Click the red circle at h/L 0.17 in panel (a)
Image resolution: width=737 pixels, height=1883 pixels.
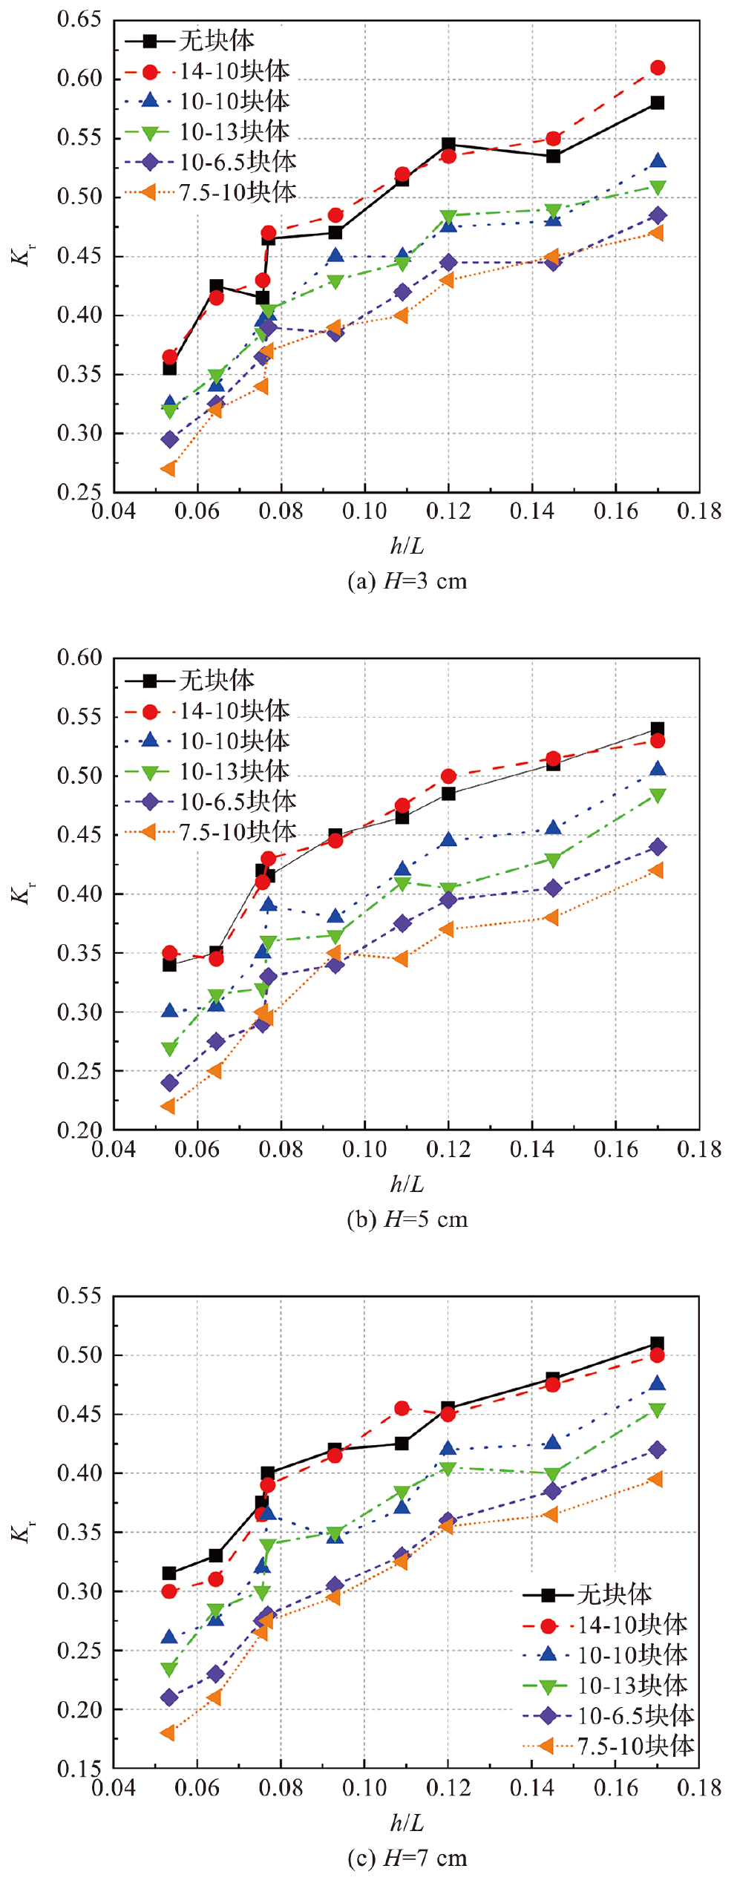point(657,68)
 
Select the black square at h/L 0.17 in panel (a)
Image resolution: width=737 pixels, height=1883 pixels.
point(657,102)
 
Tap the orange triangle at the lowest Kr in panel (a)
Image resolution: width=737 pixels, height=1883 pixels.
point(168,468)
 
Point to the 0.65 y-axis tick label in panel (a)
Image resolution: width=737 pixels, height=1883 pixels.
point(79,19)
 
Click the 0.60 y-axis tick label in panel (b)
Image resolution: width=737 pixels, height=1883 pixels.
point(79,657)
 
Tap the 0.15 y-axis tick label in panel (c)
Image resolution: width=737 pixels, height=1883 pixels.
point(79,1769)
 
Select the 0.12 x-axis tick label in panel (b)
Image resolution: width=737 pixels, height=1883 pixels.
point(448,1150)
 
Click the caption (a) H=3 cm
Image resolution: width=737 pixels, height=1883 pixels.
point(407,580)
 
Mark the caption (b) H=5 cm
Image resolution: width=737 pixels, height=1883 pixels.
point(407,1219)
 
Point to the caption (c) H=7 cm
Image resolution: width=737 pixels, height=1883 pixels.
point(407,1858)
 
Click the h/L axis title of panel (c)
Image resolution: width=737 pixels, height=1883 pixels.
point(407,1822)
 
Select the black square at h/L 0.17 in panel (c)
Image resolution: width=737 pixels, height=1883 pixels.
point(657,1343)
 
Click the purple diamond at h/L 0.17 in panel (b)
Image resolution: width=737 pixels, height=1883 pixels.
point(657,847)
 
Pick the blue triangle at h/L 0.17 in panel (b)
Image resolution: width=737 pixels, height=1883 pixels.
point(657,769)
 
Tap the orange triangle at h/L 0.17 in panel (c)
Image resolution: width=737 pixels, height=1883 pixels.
point(655,1479)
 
